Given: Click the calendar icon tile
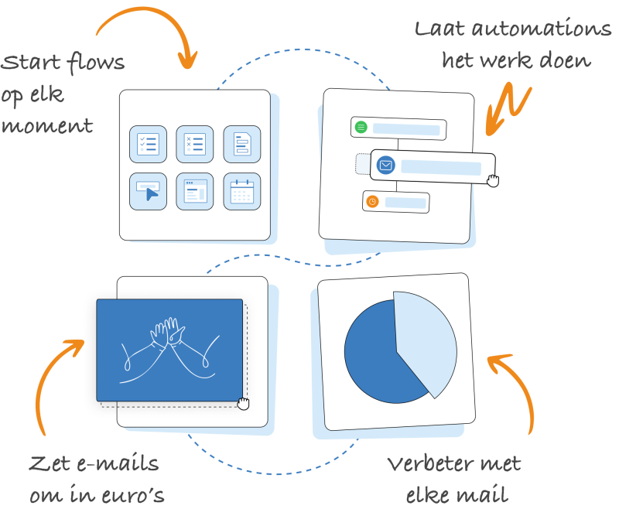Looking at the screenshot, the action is [242, 191].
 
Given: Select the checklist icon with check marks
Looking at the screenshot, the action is [148, 144].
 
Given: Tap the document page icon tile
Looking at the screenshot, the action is [242, 144].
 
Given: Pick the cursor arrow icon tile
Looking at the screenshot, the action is [148, 191].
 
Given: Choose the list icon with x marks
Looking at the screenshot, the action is [195, 144].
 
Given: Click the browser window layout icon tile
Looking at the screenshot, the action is [195, 191].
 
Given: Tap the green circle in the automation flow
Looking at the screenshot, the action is [361, 127].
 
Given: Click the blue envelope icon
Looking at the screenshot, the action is [385, 165].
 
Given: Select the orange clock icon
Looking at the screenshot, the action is [372, 202].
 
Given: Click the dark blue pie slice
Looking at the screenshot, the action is [375, 355].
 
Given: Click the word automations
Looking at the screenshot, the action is [541, 29].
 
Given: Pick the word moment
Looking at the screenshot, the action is [47, 126].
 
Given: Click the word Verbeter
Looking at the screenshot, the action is [428, 463].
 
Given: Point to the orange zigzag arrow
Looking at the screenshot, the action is [508, 108].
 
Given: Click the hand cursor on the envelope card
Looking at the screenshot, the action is [493, 181].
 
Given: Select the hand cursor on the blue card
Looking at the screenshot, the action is [243, 403].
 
